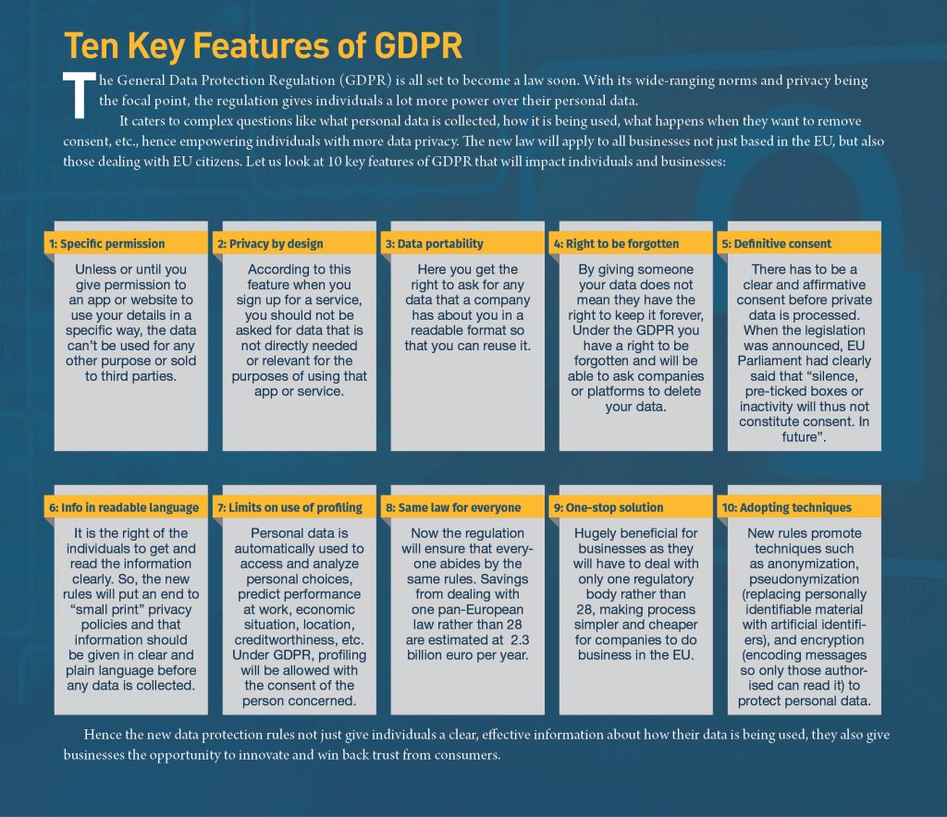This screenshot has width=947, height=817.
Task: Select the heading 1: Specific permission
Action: point(106,244)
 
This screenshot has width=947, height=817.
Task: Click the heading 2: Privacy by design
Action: point(270,244)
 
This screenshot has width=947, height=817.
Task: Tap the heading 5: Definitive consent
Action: point(776,244)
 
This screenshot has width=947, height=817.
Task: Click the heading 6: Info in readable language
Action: point(124,507)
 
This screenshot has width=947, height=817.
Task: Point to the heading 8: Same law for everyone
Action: point(453,507)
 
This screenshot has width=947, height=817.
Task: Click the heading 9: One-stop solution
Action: point(609,507)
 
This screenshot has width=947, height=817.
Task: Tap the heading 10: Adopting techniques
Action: point(786,507)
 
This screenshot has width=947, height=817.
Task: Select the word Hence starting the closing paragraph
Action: point(103,735)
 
